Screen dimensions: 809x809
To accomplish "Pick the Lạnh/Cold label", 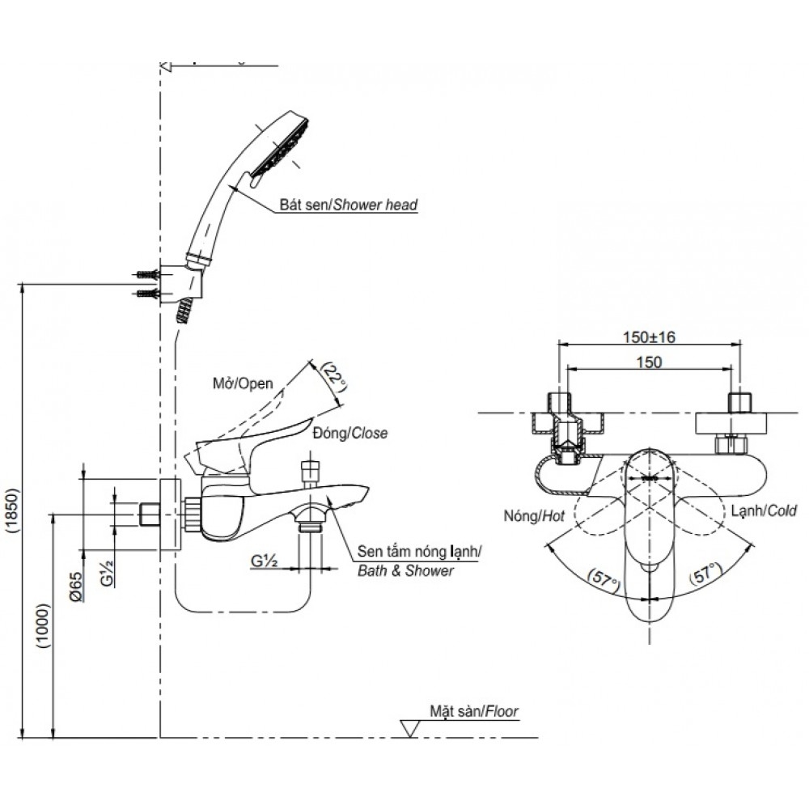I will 762,510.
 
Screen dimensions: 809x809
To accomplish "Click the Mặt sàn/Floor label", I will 474,712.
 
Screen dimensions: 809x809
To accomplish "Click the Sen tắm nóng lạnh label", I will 419,552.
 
